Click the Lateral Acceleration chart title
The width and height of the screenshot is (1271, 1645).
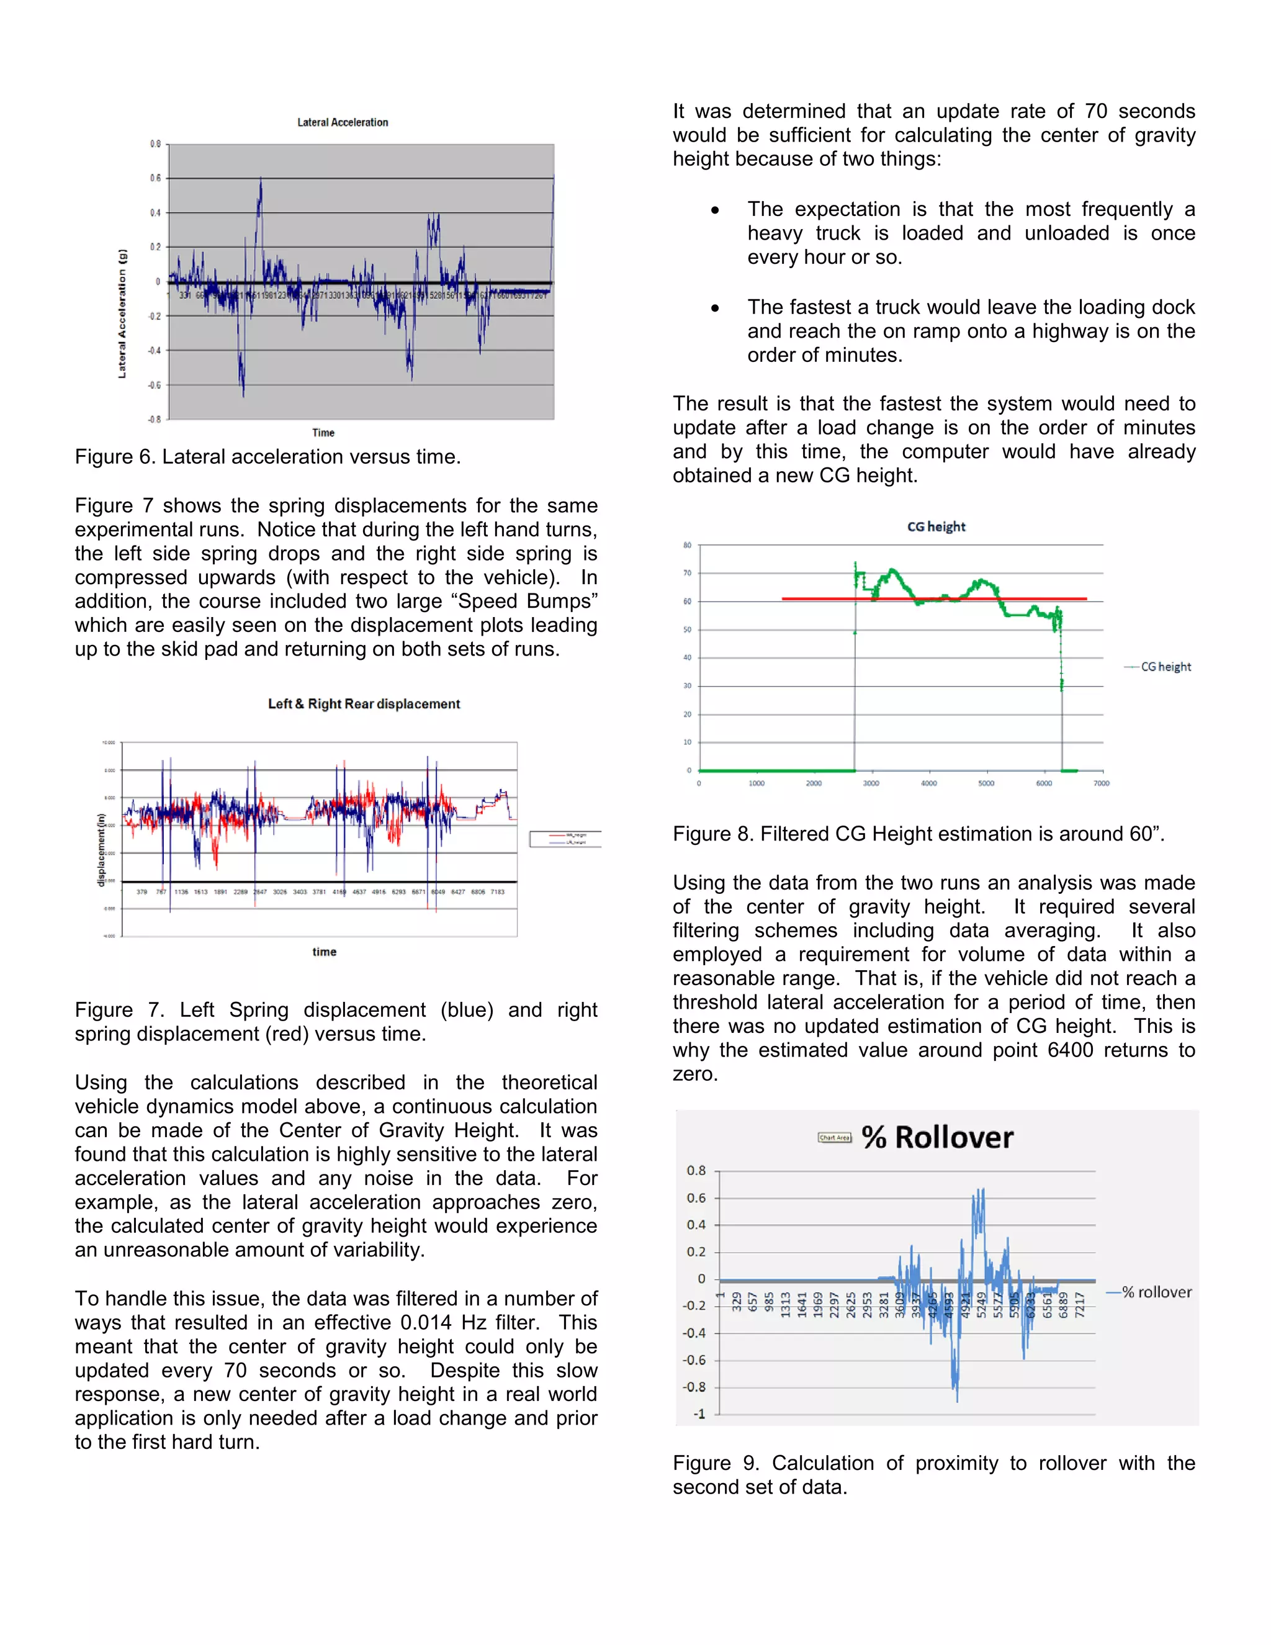343,122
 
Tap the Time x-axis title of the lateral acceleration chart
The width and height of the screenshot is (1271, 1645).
323,432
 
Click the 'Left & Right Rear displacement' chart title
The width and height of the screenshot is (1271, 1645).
364,703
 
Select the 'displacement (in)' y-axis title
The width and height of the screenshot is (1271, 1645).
101,850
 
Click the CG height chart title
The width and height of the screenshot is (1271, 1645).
936,526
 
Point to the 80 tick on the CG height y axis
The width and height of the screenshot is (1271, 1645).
687,545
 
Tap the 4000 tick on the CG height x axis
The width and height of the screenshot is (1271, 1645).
928,783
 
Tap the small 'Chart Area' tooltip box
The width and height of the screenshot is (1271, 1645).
834,1137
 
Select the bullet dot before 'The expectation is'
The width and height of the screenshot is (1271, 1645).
714,210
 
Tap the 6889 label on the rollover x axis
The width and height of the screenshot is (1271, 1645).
1063,1305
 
